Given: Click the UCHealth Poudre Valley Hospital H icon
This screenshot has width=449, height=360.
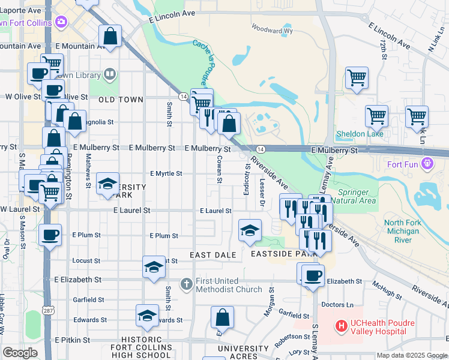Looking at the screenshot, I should [x=342, y=327].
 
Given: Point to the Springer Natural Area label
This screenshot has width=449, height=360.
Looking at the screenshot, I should [x=353, y=196].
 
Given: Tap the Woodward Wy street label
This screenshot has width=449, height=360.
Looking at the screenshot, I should [x=272, y=29].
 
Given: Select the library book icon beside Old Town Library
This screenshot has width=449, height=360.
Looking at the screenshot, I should [x=110, y=74].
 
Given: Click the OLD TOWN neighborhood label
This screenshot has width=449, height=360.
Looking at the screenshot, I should [x=121, y=100].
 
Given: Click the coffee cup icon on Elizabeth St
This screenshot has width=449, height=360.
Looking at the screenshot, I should [x=312, y=276].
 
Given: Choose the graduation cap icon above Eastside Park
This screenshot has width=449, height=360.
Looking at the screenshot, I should [x=250, y=230].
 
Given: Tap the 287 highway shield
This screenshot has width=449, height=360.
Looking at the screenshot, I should [x=49, y=309].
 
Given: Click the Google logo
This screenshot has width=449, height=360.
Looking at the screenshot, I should [x=20, y=353].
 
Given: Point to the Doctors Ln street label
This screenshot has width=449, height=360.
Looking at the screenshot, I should [x=337, y=305].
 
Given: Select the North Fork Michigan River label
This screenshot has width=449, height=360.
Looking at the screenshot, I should [x=402, y=231].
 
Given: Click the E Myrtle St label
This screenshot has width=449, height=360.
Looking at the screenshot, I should [x=166, y=173].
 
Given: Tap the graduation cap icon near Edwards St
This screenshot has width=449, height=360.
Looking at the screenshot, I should [x=147, y=316].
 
